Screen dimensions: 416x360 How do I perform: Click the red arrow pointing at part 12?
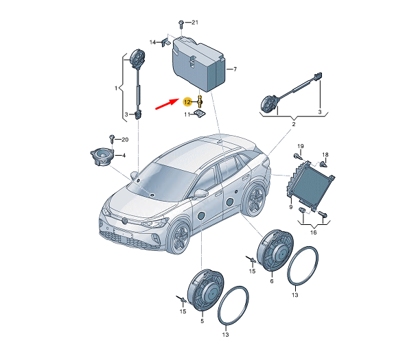[167, 104]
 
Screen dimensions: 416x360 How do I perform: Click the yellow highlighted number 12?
[187, 101]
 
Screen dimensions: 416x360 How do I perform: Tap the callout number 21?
[195, 23]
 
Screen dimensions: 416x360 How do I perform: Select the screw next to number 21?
[181, 24]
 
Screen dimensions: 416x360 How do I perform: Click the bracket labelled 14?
[166, 42]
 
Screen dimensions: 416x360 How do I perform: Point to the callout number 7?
[235, 69]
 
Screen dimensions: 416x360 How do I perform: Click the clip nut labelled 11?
[200, 114]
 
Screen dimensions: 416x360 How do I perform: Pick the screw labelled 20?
[112, 139]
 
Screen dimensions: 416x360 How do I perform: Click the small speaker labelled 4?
[102, 156]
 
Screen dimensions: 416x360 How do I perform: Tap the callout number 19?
[300, 146]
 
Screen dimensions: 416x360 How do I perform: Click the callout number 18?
[325, 154]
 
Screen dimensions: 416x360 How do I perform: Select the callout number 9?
[291, 207]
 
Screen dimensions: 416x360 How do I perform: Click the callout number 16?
[313, 232]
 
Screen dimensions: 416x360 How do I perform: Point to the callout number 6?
[272, 281]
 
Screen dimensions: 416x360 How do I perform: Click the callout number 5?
[202, 321]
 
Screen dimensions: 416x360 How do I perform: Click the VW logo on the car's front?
[125, 220]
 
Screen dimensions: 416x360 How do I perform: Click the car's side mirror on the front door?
[201, 193]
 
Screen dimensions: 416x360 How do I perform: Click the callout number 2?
[294, 124]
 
